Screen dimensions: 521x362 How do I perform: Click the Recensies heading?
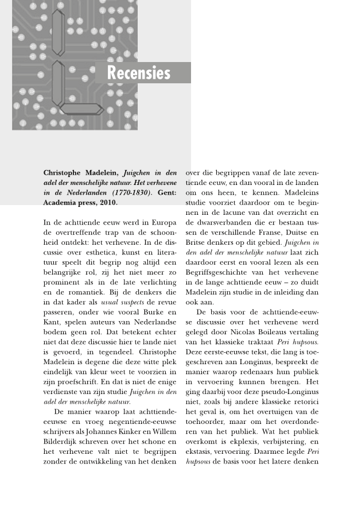pyautogui.click(x=139, y=73)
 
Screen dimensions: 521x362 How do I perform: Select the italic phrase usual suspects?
pyautogui.click(x=122, y=302)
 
